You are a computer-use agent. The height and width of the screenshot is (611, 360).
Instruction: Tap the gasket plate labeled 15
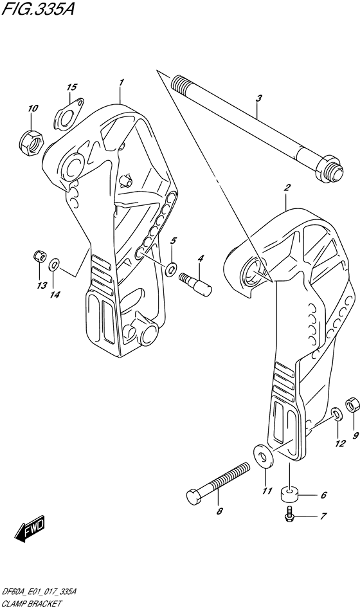[70, 113]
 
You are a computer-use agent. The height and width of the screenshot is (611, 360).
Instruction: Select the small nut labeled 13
[39, 257]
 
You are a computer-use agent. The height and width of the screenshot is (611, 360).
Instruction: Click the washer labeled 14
[54, 266]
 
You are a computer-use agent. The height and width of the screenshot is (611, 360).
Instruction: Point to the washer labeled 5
[170, 269]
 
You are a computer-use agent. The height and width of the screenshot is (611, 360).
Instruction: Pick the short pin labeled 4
[195, 284]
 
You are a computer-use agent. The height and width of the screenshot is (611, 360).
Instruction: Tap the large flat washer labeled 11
[264, 456]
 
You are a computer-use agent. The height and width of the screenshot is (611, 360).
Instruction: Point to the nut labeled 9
[352, 406]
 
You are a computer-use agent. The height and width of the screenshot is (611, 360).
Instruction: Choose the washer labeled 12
[337, 415]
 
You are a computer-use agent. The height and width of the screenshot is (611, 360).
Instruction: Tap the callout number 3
[259, 98]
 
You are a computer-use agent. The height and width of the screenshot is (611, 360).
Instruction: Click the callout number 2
[286, 188]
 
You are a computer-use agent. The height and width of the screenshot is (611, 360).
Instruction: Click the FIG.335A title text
[38, 8]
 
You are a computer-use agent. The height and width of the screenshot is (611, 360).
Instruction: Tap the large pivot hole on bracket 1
[73, 167]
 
